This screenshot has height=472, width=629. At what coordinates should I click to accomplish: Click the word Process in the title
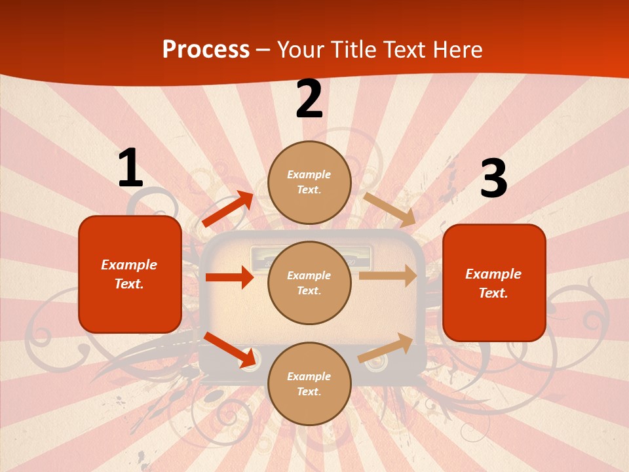(x=206, y=49)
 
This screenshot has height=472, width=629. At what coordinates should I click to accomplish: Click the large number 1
(x=130, y=168)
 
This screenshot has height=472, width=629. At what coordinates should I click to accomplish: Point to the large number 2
(x=309, y=99)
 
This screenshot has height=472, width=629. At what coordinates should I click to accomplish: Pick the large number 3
(x=493, y=178)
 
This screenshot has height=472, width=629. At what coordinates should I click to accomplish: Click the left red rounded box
(x=130, y=274)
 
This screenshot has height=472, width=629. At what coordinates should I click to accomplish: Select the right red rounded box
(x=494, y=283)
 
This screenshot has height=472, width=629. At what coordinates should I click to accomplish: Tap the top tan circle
(x=309, y=182)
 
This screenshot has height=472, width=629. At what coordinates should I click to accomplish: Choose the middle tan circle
(x=309, y=283)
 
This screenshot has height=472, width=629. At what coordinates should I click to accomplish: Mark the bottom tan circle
(x=309, y=383)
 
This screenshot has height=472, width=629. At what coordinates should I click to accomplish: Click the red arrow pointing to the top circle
(x=228, y=209)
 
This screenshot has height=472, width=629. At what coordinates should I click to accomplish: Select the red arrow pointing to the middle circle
(x=229, y=277)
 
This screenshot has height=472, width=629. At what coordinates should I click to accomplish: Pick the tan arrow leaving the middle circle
(x=388, y=276)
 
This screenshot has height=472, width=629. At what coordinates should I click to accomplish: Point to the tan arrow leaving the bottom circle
(x=385, y=348)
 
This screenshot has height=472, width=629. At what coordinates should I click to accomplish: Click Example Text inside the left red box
(x=129, y=274)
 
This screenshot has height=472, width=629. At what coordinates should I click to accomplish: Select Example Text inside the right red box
(x=493, y=283)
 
